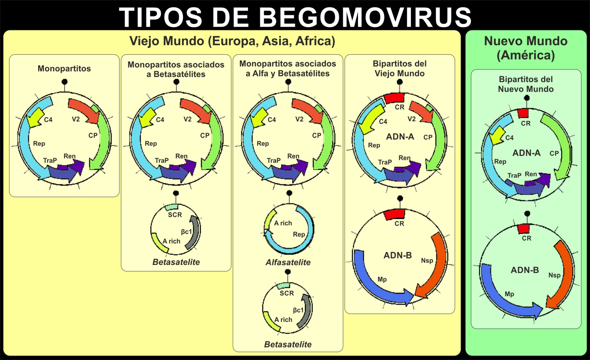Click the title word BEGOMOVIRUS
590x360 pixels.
365,17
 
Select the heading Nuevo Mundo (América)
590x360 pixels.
525,48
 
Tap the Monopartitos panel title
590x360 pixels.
64,68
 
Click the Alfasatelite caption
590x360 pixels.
288,262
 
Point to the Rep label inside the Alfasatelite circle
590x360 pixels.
299,234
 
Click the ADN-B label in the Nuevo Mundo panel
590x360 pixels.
525,270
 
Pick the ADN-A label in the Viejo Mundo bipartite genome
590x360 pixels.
400,136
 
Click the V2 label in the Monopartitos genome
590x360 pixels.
76,119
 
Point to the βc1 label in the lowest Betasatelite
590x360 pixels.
298,310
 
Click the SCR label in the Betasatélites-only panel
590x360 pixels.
175,215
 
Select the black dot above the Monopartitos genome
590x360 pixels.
65,82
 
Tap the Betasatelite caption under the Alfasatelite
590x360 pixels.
288,344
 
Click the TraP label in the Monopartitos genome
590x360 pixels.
50,160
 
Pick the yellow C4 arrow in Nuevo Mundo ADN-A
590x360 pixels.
498,136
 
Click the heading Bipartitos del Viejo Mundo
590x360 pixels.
400,68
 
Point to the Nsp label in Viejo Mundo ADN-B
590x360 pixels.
427,260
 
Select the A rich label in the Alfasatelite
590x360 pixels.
283,223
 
